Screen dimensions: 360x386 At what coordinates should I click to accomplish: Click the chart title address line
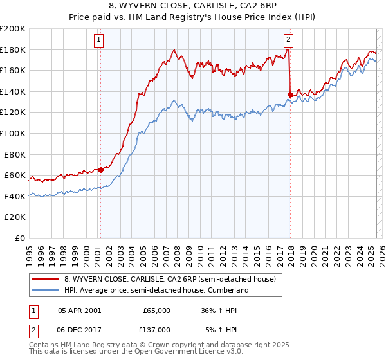tap(192, 6)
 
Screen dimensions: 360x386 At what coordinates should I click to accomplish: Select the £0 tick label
tap(20, 238)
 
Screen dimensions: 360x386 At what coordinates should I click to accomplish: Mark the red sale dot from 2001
tap(100, 170)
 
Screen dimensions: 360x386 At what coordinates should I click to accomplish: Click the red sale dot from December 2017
tap(290, 94)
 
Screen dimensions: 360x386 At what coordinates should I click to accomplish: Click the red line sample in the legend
tap(46, 279)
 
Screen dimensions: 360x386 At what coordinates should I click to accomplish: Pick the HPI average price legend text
tap(156, 291)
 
